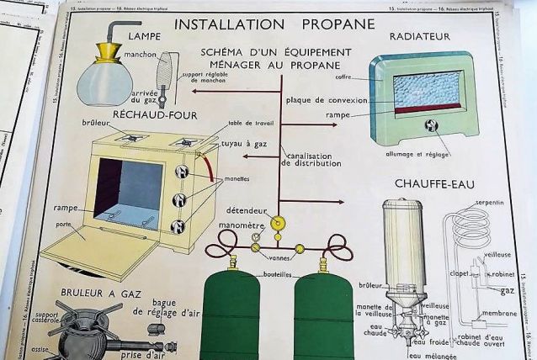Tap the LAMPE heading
coord(136,36)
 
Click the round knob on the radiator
coord(432,126)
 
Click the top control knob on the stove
coord(178,172)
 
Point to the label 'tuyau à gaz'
coord(244,144)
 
